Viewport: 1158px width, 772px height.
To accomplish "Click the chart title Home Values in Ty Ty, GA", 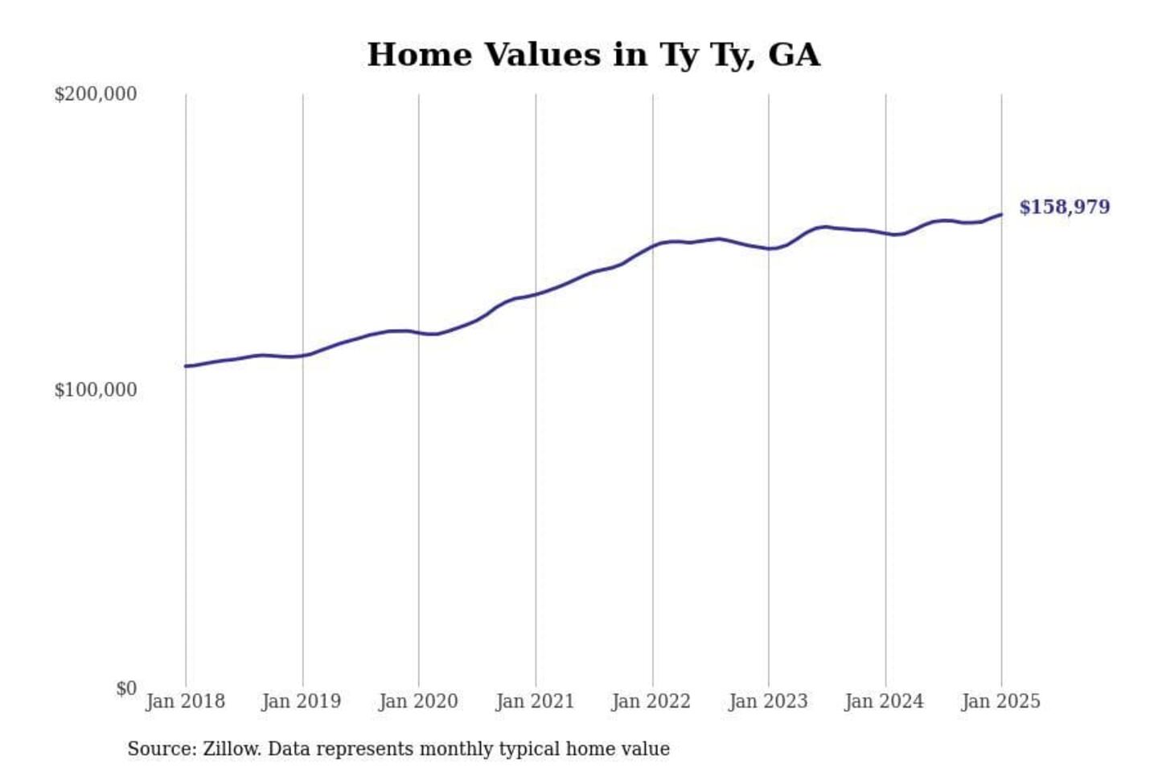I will pos(593,55).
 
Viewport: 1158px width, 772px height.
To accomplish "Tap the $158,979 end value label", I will pos(1064,207).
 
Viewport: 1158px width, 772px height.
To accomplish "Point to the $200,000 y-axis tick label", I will pos(95,94).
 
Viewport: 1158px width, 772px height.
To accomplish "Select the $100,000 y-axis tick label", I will pos(95,390).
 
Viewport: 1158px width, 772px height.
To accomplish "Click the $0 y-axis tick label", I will pos(126,688).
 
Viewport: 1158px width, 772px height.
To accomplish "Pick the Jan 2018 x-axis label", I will pos(185,701).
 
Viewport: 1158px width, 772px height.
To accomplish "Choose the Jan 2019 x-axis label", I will pos(301,701).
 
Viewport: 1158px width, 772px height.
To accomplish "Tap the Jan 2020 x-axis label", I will pos(418,701).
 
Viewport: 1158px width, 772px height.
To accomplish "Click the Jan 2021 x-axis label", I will pos(535,701).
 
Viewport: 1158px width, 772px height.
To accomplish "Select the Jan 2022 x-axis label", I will pos(651,701).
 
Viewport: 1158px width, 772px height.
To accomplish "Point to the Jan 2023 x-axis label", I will pos(768,701).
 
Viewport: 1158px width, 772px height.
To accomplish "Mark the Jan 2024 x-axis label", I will pos(884,701).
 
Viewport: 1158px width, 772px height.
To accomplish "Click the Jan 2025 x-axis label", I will pos(1000,701).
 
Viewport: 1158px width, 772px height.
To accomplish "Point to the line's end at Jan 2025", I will pos(1001,215).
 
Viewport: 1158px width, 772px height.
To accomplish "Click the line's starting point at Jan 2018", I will pos(186,366).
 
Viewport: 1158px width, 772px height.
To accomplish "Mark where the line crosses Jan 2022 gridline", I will pos(652,245).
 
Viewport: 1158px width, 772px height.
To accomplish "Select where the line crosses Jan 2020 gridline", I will pos(418,332).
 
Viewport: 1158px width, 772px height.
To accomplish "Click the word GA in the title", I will pos(794,55).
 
